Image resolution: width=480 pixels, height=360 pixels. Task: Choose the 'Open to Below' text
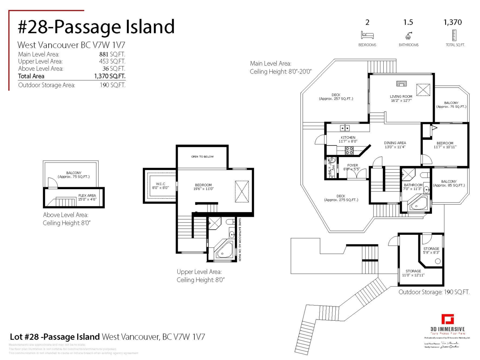202,156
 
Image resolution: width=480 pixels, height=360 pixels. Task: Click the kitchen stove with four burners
349,151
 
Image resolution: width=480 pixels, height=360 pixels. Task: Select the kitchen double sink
345,128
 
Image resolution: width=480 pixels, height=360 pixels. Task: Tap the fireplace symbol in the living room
401,84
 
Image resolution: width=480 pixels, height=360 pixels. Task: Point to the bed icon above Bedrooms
367,35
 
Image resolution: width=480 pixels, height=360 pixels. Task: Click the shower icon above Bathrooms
408,35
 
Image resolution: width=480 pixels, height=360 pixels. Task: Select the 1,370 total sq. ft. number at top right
452,22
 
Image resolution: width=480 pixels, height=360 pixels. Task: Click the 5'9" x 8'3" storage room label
431,251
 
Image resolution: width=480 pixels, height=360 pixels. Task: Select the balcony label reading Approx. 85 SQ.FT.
449,183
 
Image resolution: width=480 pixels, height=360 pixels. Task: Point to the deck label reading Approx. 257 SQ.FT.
336,97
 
